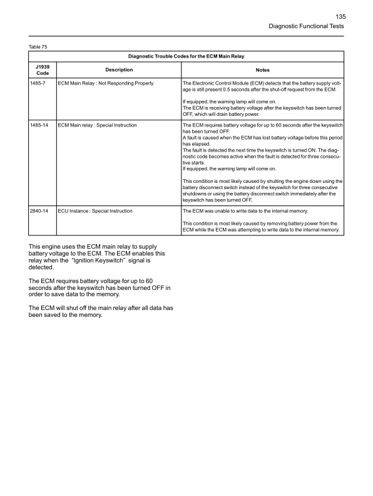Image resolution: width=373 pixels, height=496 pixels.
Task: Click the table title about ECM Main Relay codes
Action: click(186, 58)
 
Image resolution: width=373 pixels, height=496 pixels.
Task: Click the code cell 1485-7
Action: click(37, 83)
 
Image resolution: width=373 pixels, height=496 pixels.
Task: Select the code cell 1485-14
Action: click(38, 126)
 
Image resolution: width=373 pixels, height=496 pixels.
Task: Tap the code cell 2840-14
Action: click(38, 212)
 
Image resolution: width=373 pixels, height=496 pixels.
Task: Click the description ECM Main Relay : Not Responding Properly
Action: click(106, 83)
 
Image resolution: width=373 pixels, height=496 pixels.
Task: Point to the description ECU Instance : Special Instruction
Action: click(95, 212)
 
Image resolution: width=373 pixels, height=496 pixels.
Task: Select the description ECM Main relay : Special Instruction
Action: click(97, 126)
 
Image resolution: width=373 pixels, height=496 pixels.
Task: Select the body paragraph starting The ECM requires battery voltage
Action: click(100, 291)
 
